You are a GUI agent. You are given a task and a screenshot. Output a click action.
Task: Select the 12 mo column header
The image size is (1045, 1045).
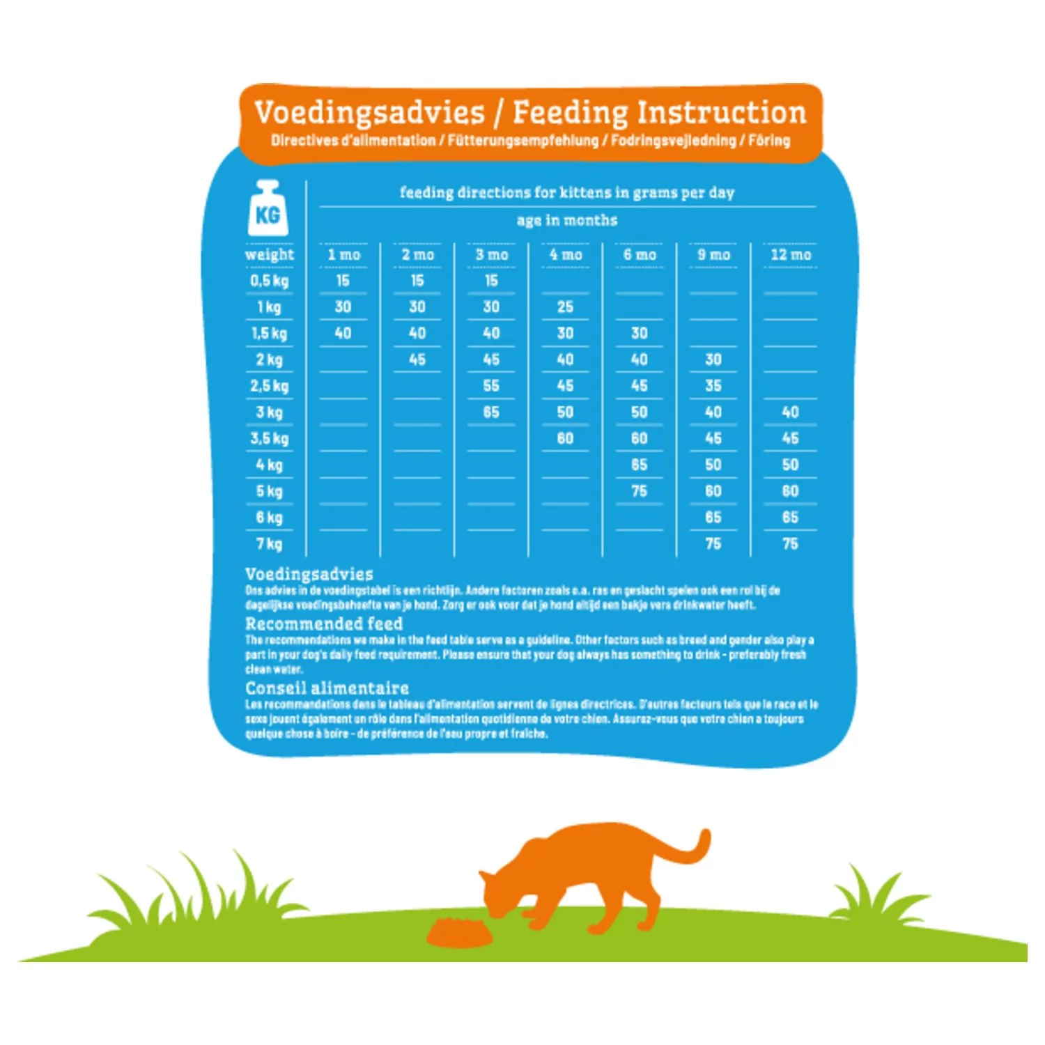(x=790, y=255)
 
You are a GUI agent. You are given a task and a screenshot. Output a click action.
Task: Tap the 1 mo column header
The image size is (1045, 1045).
(x=343, y=255)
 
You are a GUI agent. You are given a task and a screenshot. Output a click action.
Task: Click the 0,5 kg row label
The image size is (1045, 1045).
(x=269, y=281)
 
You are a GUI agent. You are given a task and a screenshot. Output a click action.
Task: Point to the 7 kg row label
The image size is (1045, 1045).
(x=269, y=544)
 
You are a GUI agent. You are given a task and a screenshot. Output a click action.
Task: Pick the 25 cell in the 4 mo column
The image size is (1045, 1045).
(x=565, y=307)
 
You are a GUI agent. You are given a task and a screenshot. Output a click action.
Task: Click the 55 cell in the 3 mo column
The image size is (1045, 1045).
(x=491, y=386)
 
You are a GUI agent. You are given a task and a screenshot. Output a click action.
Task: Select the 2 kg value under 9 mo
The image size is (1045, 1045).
(x=713, y=360)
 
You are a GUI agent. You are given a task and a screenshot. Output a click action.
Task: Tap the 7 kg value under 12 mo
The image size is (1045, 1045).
(x=790, y=544)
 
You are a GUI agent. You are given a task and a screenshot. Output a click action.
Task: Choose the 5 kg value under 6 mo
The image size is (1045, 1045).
(x=639, y=492)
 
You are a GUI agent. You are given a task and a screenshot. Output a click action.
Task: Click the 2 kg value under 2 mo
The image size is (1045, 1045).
(x=417, y=360)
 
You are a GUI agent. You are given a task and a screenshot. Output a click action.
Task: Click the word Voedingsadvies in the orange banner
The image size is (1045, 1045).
(x=369, y=113)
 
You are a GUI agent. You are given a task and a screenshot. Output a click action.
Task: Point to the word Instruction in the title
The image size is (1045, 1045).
(x=722, y=113)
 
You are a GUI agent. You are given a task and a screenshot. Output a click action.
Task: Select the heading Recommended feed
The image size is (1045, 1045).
(x=324, y=624)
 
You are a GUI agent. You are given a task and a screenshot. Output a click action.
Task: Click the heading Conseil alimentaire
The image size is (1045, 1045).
(x=327, y=688)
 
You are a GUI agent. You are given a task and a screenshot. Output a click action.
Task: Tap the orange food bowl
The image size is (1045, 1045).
(x=459, y=934)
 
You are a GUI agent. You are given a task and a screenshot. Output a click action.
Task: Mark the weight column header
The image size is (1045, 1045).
(x=270, y=255)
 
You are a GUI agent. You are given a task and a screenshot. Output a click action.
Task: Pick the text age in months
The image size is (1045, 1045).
(x=567, y=221)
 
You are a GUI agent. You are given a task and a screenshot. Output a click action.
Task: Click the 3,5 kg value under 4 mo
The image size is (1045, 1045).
(x=565, y=439)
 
